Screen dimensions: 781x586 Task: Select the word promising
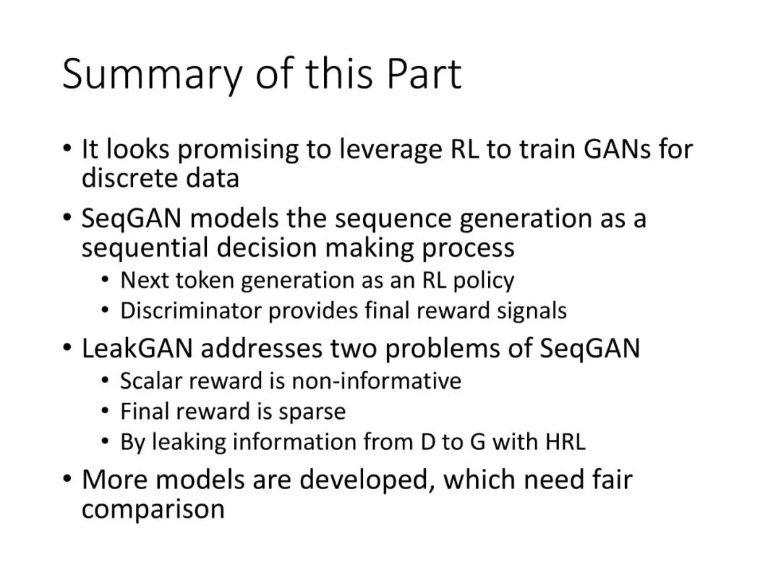pos(238,150)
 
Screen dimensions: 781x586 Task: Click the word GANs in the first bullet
pos(617,149)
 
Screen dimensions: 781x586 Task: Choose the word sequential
pos(145,249)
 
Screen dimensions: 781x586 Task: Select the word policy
pos(483,281)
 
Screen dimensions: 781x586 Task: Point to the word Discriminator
pos(191,311)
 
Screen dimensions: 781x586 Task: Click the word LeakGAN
pos(137,348)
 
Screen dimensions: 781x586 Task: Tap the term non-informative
pos(376,381)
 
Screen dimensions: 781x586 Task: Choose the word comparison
pos(153,510)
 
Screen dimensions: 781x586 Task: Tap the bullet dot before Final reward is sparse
pos(105,411)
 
